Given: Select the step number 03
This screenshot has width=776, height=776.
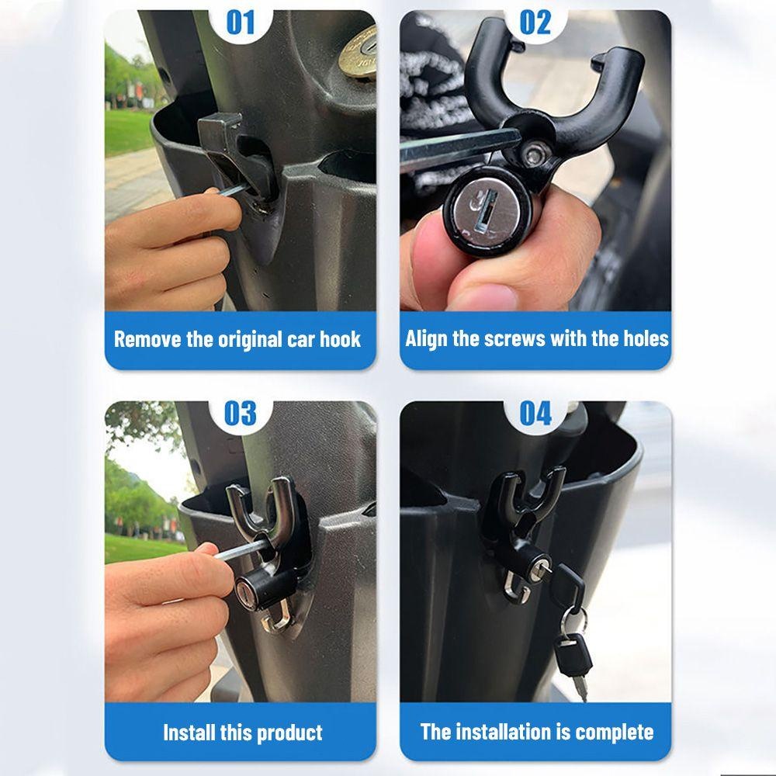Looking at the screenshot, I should click(x=240, y=414).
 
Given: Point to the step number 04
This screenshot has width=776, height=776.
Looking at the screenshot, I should click(x=535, y=414).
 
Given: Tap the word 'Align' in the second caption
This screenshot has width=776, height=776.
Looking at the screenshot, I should click(x=426, y=339).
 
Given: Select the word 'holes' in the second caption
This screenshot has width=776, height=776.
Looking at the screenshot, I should click(x=644, y=339).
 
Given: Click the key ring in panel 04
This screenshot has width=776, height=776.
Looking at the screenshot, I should click(x=574, y=621).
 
